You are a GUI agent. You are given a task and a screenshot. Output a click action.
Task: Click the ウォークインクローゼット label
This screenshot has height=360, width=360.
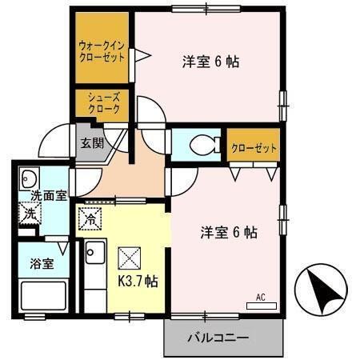pos(102,52)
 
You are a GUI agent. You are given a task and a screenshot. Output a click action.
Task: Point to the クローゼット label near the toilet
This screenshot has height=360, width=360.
pos(254,147)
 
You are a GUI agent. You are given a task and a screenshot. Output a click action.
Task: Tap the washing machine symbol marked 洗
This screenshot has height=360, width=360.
pos(28,214)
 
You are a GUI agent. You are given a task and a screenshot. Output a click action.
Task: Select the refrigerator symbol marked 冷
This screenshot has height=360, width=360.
pos(90,215)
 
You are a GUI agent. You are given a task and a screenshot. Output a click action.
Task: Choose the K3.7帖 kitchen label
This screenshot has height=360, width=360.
pos(138,281)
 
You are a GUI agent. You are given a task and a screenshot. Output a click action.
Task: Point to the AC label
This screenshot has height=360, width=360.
pos(260,298)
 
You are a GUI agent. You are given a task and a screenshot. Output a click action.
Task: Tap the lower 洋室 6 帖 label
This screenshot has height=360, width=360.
pos(228,233)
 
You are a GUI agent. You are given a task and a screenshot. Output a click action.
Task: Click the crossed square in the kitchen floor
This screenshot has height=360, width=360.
pos(129,258)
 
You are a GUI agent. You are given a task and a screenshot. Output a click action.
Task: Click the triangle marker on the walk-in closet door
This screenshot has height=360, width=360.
pos(139,55)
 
